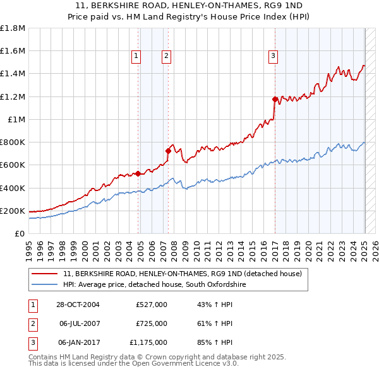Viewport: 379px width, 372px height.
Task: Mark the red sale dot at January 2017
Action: (275, 99)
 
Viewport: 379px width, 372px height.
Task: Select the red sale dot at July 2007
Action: (169, 151)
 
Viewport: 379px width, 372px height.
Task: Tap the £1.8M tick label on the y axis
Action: (13, 28)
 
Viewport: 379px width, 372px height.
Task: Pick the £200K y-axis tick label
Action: (13, 211)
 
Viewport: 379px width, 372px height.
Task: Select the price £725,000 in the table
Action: (152, 323)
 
